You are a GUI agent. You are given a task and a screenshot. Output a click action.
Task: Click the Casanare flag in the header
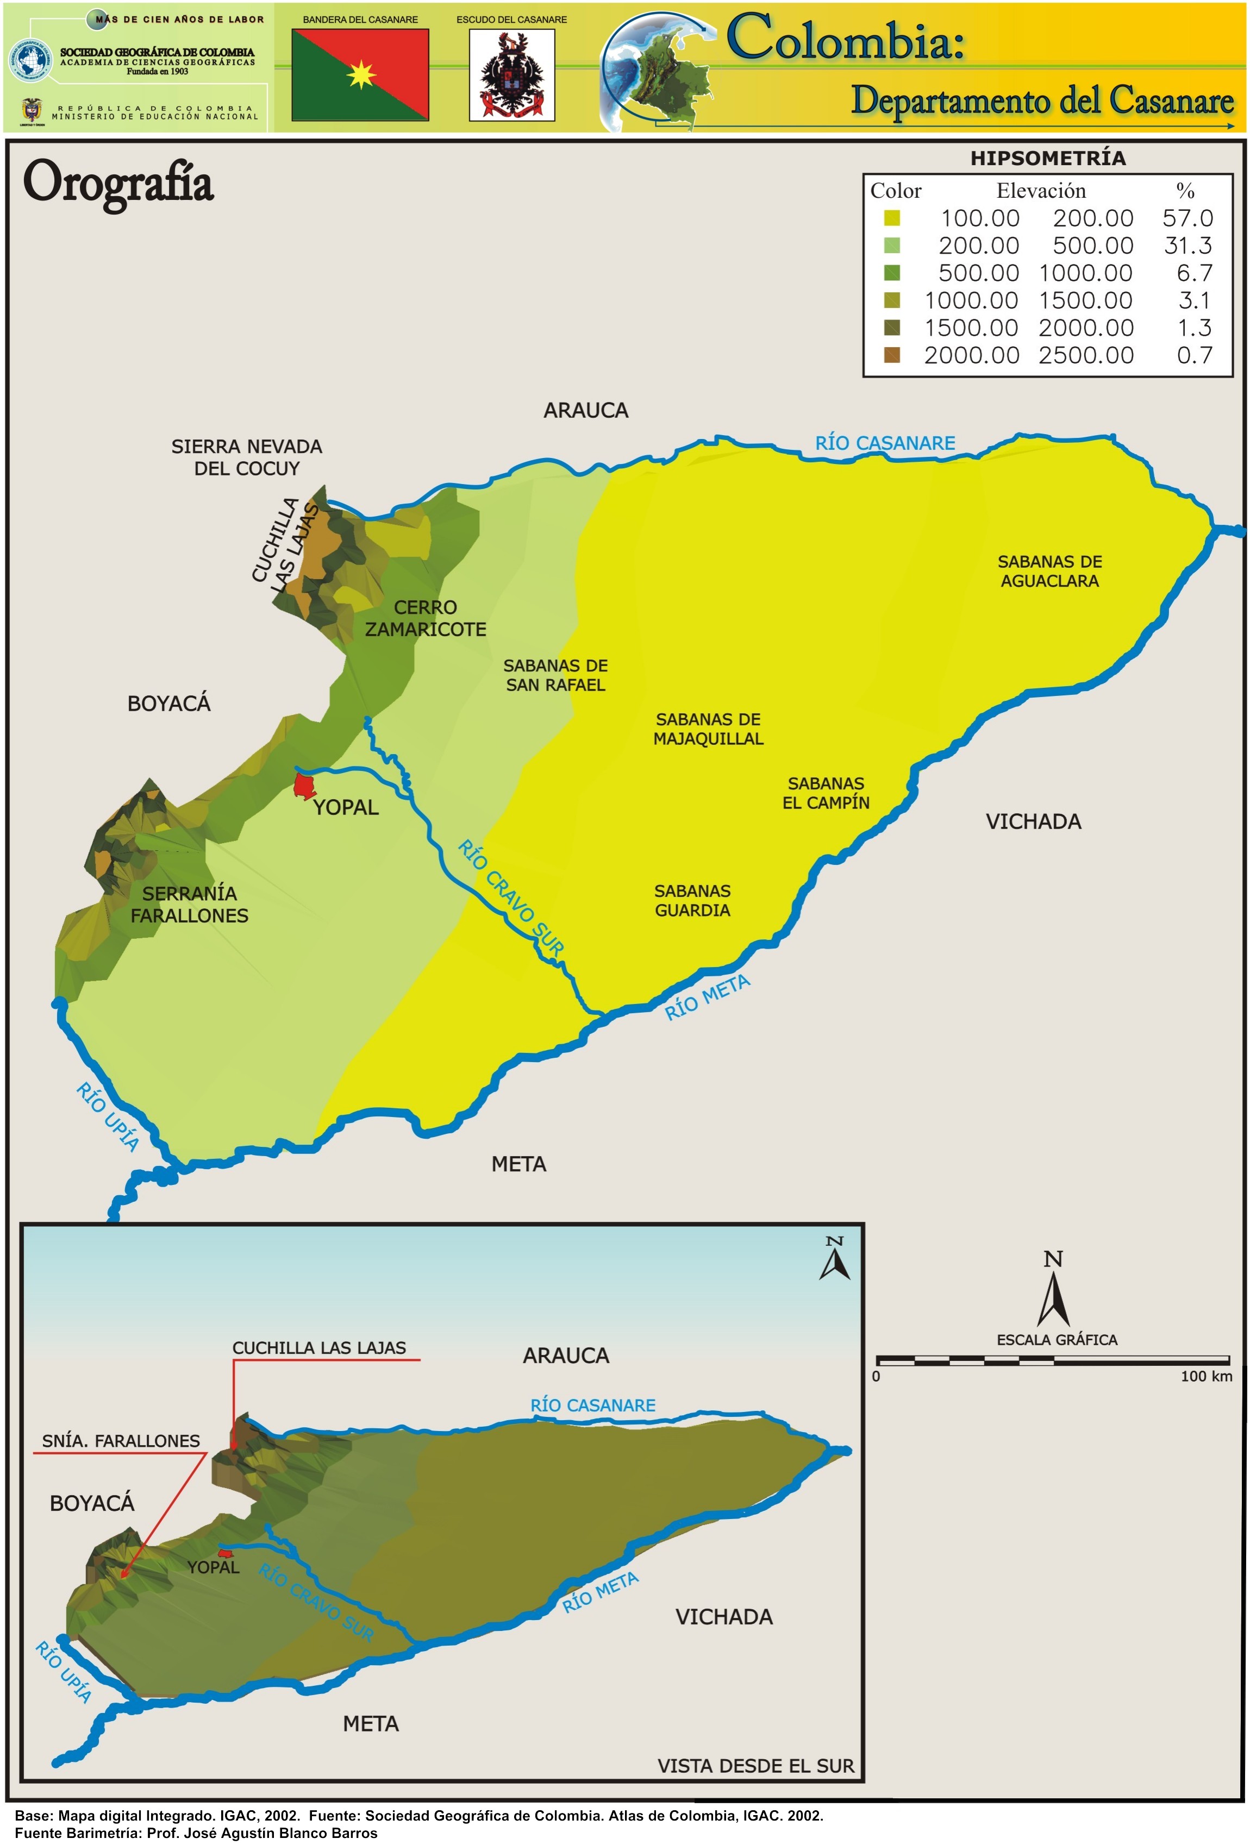tap(360, 74)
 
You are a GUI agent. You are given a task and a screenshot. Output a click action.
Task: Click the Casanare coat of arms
tap(511, 74)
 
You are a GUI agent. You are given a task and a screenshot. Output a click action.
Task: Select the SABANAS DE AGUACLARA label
tap(1049, 571)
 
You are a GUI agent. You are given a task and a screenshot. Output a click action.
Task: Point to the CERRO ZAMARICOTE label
tap(425, 618)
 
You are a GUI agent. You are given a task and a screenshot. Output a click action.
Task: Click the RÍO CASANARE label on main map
tap(885, 443)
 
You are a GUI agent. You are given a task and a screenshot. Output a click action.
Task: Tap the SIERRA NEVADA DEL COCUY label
tap(246, 457)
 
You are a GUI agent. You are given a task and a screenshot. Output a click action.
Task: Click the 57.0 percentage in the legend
tap(1187, 218)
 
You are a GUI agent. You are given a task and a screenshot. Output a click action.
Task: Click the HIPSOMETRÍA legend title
tap(1047, 158)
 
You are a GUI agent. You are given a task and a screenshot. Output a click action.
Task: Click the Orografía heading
tap(118, 183)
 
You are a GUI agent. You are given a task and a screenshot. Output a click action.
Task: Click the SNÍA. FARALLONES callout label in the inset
tap(121, 1440)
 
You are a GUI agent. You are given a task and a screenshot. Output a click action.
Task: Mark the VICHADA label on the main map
tap(1033, 821)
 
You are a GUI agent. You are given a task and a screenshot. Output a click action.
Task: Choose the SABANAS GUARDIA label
tap(692, 900)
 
